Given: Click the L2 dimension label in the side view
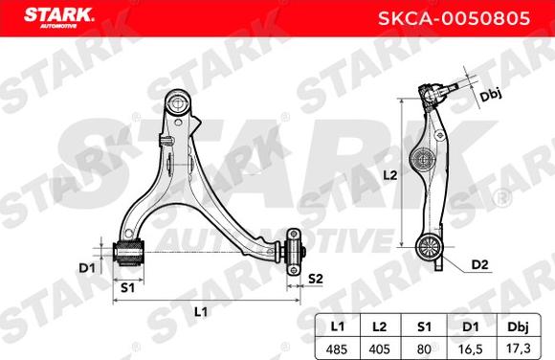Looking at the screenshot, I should click(389, 175).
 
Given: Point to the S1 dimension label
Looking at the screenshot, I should click(126, 285).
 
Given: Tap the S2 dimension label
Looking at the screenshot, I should click(315, 279).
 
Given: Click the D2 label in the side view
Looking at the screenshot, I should click(481, 264).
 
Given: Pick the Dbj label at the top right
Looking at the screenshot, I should click(491, 96).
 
